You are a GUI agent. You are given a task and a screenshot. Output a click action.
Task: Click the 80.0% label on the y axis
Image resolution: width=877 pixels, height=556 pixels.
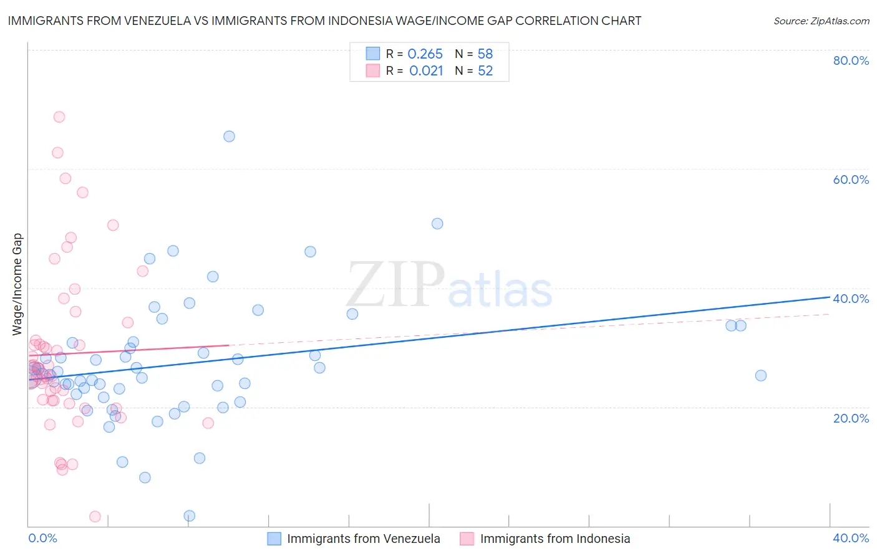[851, 60]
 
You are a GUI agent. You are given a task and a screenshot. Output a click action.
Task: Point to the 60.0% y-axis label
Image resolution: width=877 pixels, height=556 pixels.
[851, 180]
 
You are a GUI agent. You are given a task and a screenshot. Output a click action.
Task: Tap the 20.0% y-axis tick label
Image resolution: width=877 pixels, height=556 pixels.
[851, 418]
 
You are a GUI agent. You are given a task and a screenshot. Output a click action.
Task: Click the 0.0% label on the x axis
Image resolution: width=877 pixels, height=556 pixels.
[42, 538]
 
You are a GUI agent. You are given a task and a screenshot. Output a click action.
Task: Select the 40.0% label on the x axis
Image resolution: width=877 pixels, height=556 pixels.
[851, 538]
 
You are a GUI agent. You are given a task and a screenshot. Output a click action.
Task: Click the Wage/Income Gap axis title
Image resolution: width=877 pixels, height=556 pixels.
[17, 284]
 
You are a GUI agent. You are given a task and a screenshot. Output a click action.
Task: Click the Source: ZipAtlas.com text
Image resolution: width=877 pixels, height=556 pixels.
[821, 21]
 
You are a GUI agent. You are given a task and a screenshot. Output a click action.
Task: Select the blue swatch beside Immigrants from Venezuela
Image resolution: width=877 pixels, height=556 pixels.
[274, 539]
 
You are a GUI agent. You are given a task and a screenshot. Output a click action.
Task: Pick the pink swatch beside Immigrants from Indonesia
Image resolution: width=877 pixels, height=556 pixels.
[467, 539]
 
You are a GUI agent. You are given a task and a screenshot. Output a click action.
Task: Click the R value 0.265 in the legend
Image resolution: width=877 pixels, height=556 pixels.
[425, 54]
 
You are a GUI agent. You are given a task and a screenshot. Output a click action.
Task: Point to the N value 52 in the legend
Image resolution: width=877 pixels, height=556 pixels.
[485, 71]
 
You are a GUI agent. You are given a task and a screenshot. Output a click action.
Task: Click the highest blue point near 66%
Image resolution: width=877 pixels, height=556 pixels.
[229, 137]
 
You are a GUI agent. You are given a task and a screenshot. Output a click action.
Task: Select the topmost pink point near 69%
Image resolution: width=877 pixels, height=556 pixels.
[59, 117]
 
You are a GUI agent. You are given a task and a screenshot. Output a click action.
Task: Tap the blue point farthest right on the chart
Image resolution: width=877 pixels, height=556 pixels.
[760, 375]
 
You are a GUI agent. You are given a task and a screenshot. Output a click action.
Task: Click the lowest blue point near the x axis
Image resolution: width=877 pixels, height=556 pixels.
[190, 515]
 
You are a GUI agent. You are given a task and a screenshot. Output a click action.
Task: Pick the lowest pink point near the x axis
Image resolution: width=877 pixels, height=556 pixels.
[95, 517]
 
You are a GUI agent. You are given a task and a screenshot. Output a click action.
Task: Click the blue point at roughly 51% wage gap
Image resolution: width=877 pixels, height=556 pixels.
[437, 224]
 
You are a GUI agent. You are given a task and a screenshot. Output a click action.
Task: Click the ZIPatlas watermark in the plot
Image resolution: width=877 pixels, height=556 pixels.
[449, 285]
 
